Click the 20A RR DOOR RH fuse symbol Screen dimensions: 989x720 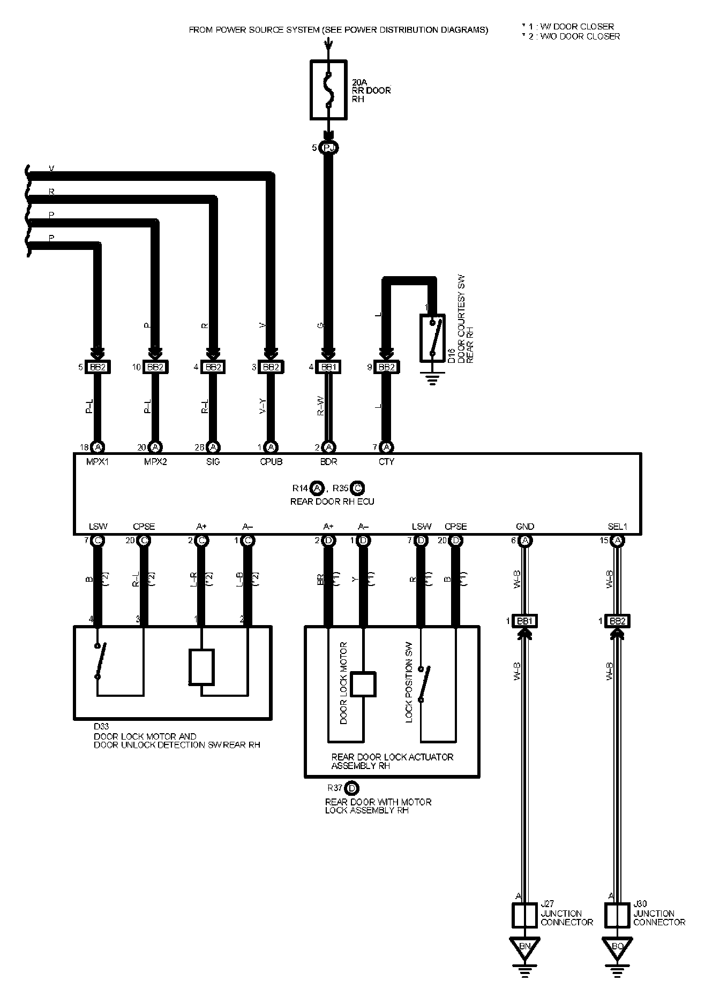[x=328, y=89]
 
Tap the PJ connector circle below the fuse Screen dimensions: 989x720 [x=328, y=148]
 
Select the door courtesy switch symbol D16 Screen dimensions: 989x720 [x=432, y=337]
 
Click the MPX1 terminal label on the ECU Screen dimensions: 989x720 [x=97, y=461]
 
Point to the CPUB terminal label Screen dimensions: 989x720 [x=271, y=461]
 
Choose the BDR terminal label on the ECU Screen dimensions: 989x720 [x=328, y=461]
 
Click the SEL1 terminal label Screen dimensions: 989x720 [x=617, y=527]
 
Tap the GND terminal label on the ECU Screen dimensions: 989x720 [x=525, y=527]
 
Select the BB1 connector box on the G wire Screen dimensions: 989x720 [x=328, y=367]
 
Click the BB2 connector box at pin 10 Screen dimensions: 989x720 [x=155, y=367]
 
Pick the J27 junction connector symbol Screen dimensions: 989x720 [x=525, y=915]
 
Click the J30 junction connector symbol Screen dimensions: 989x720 [x=617, y=915]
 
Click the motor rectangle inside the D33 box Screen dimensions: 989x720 [x=201, y=667]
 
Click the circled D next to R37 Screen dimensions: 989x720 [x=351, y=788]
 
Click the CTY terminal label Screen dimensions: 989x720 [x=386, y=461]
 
